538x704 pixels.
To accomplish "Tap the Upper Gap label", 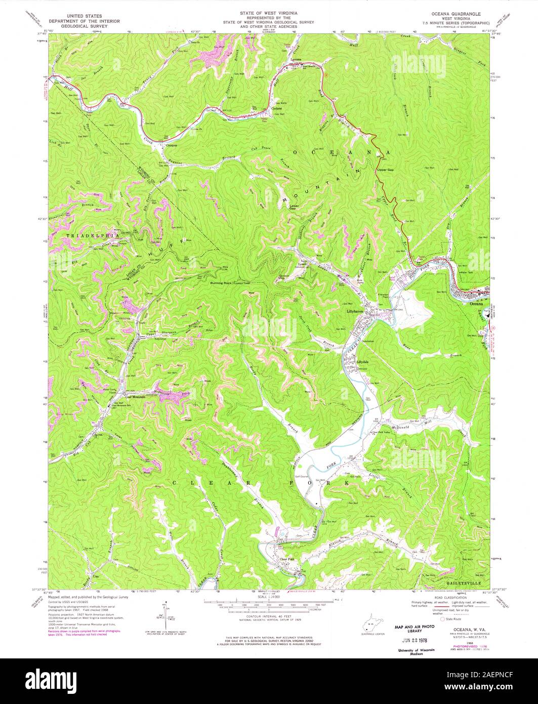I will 385,170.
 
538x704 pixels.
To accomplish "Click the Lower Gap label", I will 294,207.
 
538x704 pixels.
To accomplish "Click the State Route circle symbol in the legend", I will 443,619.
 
